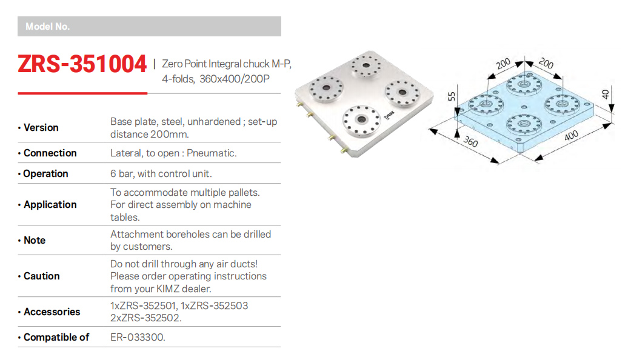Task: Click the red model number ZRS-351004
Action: [82, 64]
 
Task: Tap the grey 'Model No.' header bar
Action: [149, 27]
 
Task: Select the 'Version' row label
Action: [41, 127]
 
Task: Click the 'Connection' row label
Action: [50, 153]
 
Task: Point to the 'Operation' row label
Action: [45, 173]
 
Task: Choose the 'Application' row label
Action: [50, 204]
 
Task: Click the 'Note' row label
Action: [35, 240]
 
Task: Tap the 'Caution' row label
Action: [41, 276]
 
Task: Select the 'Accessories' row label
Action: [52, 312]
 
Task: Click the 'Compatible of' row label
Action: [56, 337]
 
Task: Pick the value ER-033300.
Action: [138, 337]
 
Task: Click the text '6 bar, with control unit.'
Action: [161, 173]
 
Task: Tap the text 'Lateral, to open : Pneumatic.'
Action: [173, 153]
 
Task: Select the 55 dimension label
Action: [452, 98]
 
